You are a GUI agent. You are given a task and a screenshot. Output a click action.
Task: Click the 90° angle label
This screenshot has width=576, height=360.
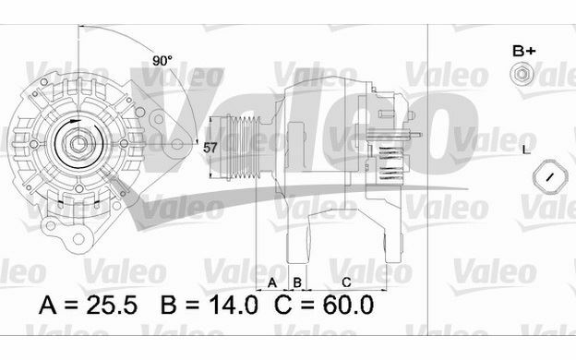162,61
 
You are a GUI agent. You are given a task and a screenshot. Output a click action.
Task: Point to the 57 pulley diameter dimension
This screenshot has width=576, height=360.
210,146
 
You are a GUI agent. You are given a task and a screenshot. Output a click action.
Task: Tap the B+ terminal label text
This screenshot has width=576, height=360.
523,50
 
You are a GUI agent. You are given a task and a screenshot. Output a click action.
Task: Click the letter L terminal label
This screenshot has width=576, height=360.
526,149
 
